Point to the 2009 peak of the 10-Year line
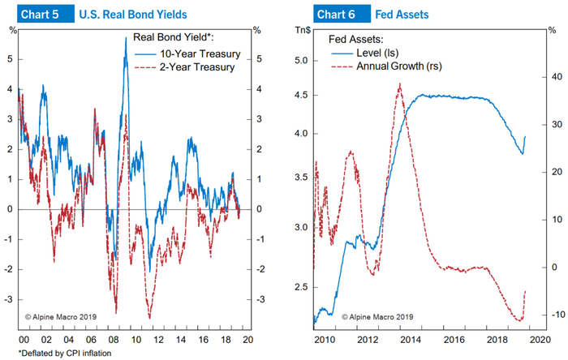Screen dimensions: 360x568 (x=126, y=38)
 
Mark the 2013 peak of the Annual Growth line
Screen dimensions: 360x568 (x=398, y=84)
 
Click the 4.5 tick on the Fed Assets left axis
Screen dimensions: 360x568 (x=301, y=95)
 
